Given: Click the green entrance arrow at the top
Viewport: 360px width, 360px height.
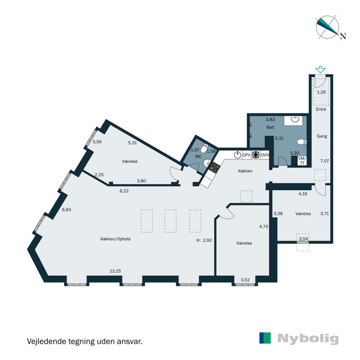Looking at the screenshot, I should point(320,69).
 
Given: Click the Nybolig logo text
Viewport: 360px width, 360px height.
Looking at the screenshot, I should point(308,338).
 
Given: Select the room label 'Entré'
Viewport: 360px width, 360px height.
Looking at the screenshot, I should point(321,109).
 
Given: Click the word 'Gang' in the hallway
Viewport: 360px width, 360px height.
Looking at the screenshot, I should point(321,136).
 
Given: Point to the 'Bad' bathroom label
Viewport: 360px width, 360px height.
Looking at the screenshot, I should point(270,127).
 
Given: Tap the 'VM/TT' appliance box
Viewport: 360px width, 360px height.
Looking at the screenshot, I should point(302,161).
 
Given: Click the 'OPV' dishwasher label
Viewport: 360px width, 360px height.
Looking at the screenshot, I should point(247,155).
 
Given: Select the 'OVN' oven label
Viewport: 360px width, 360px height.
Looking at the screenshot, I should point(265,155).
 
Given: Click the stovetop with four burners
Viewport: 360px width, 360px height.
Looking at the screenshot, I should point(214,168).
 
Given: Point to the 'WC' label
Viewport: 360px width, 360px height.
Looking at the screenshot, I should point(198,156).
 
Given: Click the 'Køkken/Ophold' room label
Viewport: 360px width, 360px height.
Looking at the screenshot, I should point(116,239).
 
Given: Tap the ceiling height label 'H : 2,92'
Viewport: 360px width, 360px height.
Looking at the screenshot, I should point(204,241).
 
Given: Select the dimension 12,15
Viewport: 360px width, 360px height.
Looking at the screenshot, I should point(115,271).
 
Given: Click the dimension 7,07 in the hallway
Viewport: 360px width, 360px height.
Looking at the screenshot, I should point(324,161).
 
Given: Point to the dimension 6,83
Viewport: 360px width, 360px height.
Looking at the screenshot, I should point(67,210).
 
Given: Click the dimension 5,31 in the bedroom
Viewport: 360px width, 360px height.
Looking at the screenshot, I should point(132,143).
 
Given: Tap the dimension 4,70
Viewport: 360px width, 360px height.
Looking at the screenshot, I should point(263,227).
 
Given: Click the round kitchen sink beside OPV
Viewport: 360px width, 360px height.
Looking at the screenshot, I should point(237,155).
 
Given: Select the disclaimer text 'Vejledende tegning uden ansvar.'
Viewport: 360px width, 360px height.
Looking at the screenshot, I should point(85,341).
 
